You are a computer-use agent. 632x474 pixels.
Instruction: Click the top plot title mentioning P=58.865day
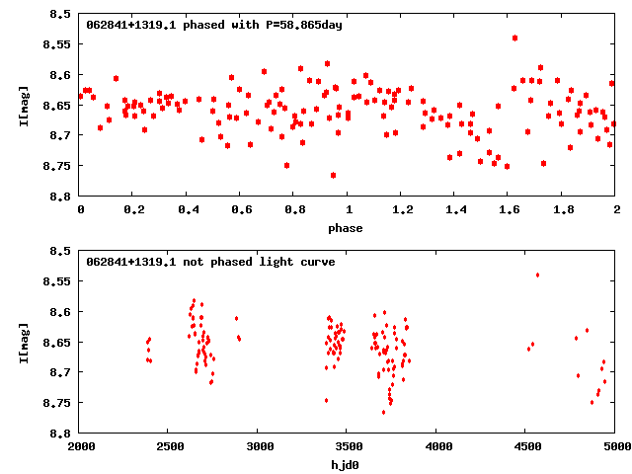[x=214, y=25]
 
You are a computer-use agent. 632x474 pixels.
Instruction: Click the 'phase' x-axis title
[x=348, y=228]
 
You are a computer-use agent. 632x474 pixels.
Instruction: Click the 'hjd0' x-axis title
[x=348, y=465]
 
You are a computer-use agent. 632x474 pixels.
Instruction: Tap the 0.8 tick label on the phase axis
[x=294, y=210]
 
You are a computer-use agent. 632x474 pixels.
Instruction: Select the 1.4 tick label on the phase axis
[x=455, y=210]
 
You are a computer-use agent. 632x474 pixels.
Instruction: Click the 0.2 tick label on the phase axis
[x=133, y=210]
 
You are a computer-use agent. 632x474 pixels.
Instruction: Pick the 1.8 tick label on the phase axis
[x=563, y=210]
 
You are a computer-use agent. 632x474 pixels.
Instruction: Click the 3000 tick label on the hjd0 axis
[x=259, y=447]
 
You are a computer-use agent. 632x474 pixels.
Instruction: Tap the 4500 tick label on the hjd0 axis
[x=527, y=447]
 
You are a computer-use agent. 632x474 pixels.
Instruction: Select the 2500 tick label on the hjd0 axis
[x=170, y=447]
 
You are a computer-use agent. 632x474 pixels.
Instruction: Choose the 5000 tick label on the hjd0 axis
[x=614, y=447]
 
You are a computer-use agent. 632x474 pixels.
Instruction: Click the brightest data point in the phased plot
[x=514, y=38]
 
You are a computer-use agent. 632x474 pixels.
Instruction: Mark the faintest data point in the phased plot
[x=333, y=175]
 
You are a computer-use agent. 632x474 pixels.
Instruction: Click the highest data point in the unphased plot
[x=537, y=275]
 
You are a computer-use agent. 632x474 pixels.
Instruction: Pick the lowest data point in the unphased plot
[x=383, y=412]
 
